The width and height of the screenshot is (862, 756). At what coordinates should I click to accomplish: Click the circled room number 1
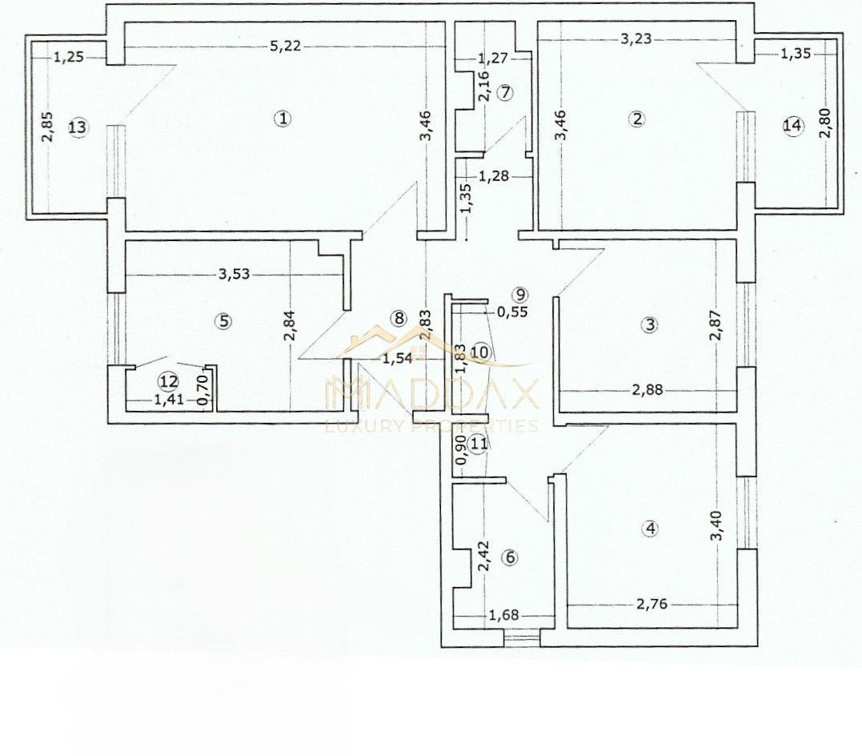(x=283, y=119)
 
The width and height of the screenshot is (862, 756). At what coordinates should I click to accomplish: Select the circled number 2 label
(x=637, y=119)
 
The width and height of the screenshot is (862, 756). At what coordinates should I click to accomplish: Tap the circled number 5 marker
(x=224, y=321)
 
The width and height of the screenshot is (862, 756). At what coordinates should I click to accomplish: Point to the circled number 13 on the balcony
(x=77, y=127)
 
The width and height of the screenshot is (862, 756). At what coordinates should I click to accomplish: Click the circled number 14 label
(x=792, y=126)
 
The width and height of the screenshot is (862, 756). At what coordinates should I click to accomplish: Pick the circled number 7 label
(x=504, y=92)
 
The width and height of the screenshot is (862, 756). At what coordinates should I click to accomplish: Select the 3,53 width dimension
(x=235, y=274)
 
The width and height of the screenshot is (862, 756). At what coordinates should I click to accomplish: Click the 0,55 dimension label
(x=512, y=312)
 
